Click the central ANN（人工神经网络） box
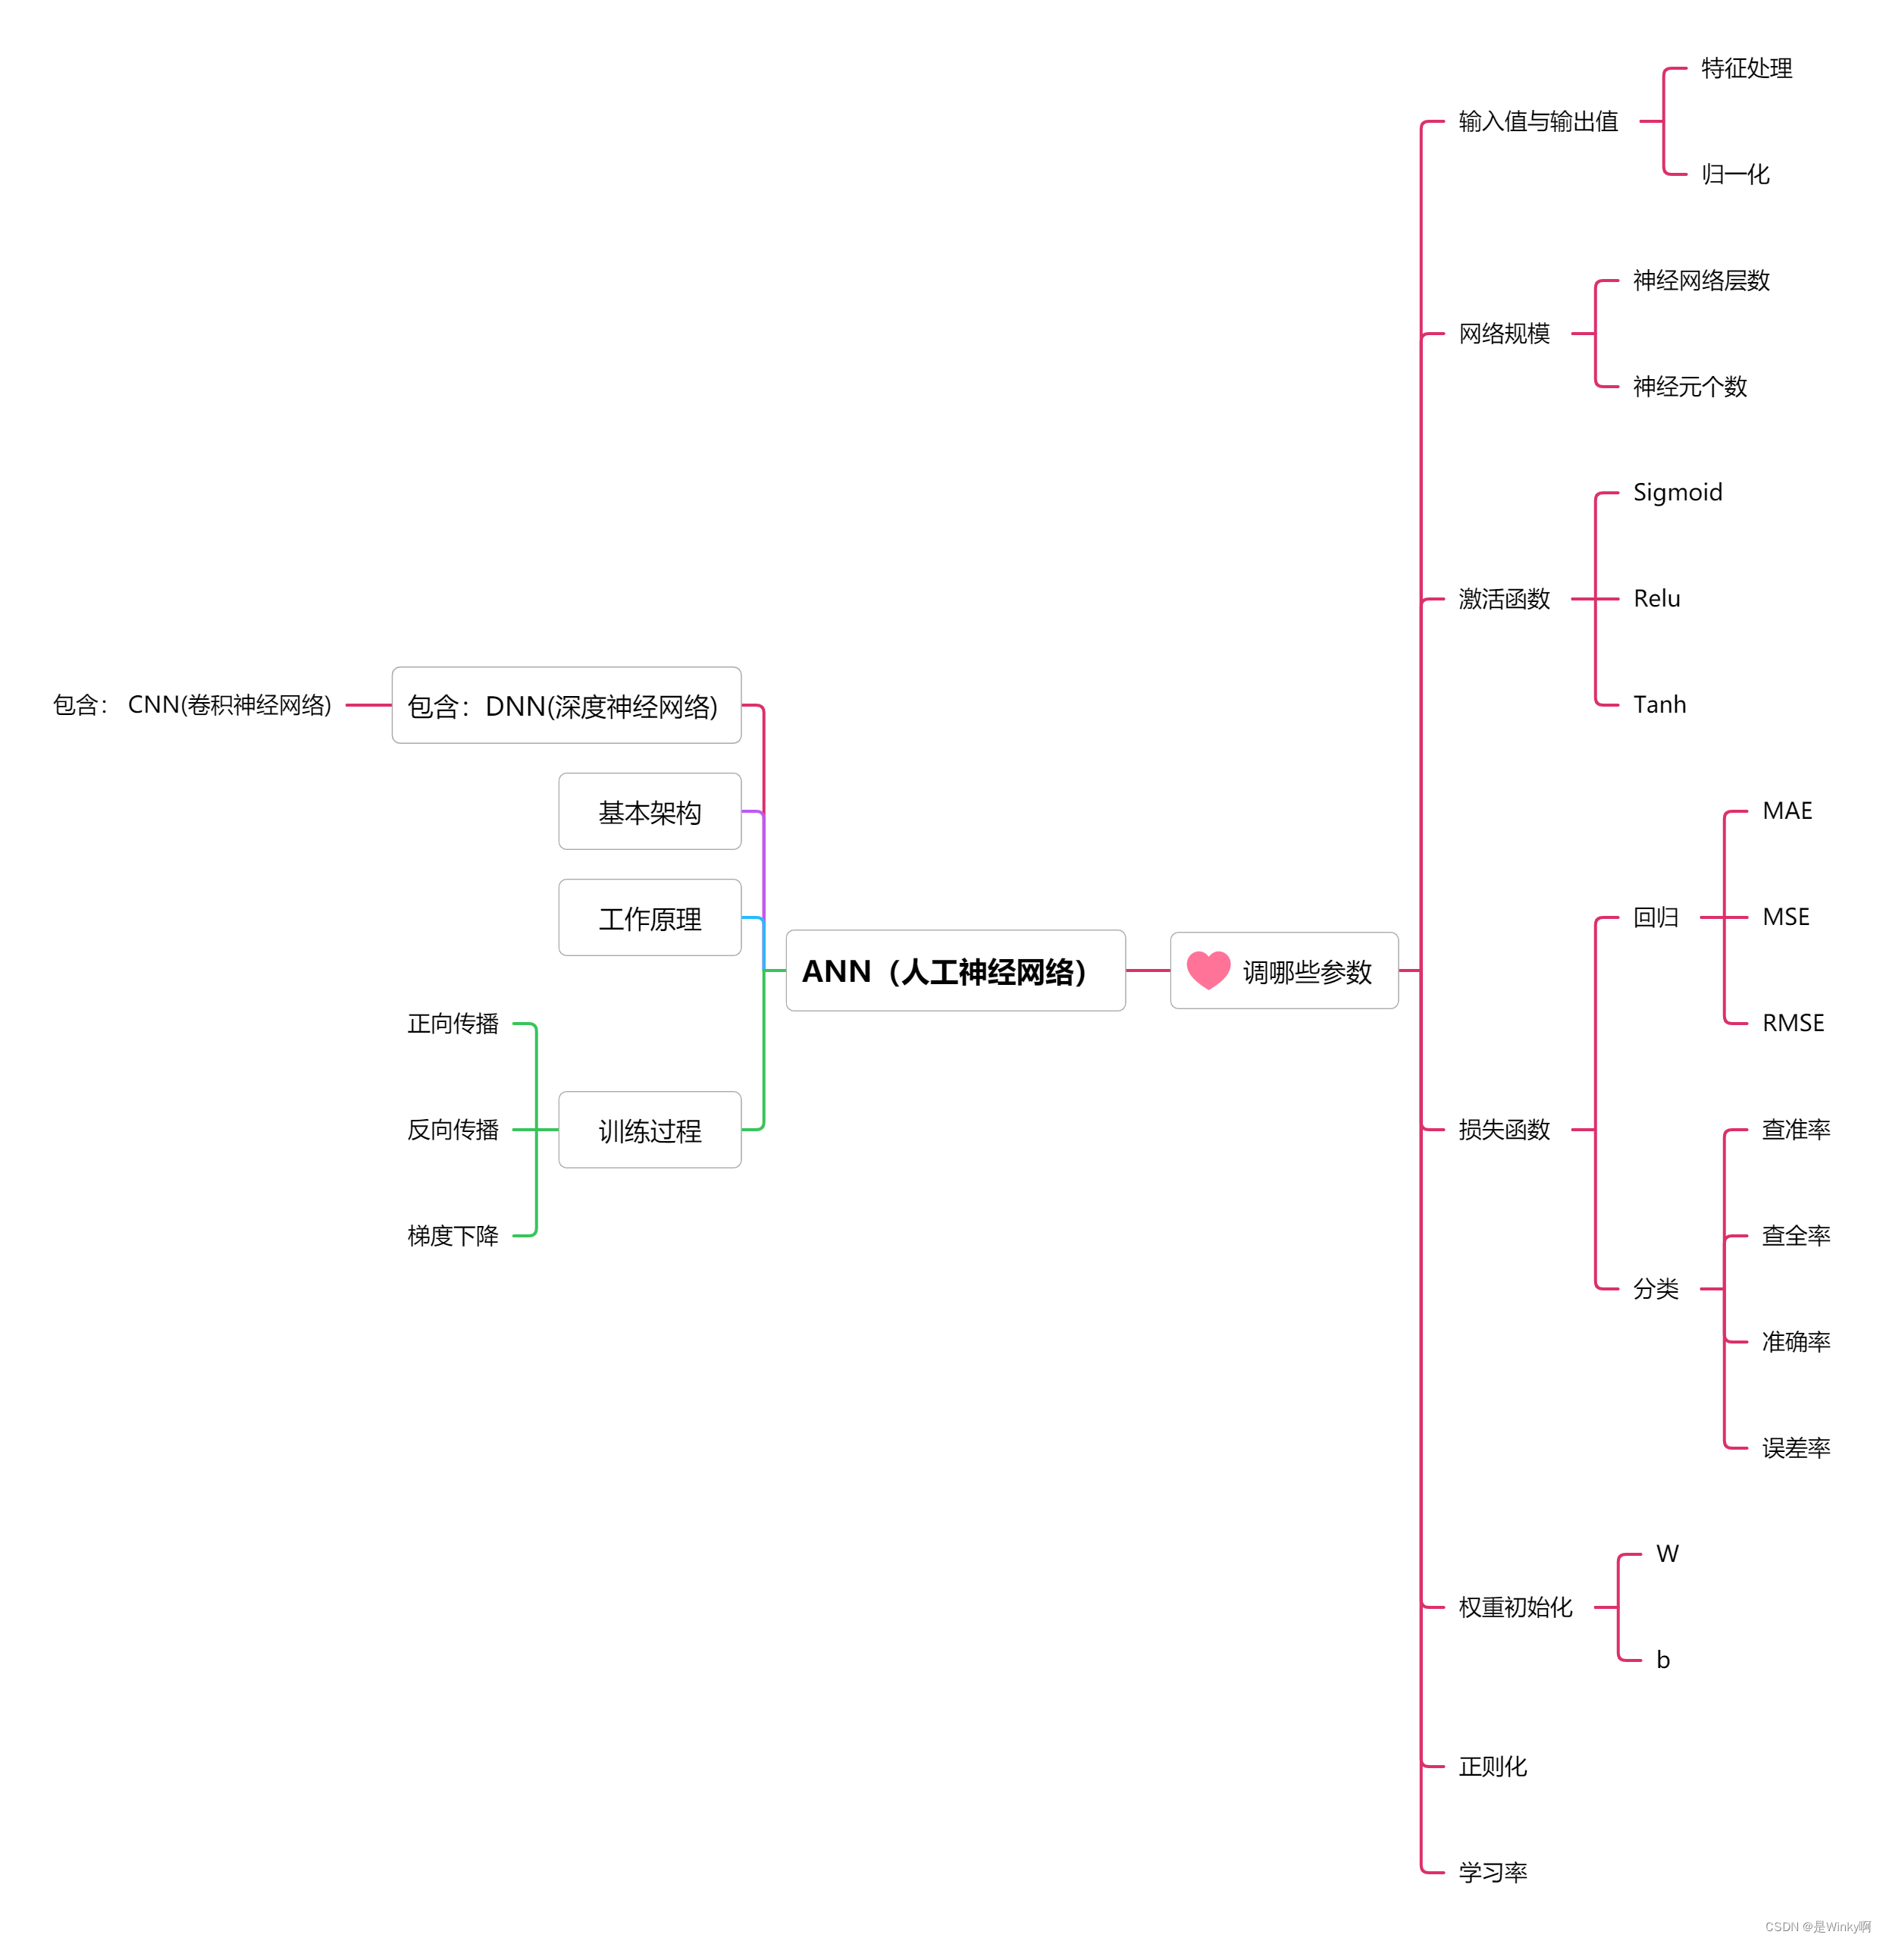pos(954,970)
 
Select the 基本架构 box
pos(650,812)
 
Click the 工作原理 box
pos(650,918)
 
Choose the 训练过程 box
pos(650,1130)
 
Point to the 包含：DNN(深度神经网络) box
pos(566,706)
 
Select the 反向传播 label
pos(453,1130)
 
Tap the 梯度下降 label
pos(453,1236)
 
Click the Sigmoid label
pos(1677,492)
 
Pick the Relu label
pos(1656,598)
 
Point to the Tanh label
pos(1659,704)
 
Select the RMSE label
pos(1793,1023)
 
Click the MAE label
pos(1787,811)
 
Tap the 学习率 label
pos(1493,1873)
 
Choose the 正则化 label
pos(1493,1767)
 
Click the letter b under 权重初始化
pos(1663,1660)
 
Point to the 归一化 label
pos(1735,174)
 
